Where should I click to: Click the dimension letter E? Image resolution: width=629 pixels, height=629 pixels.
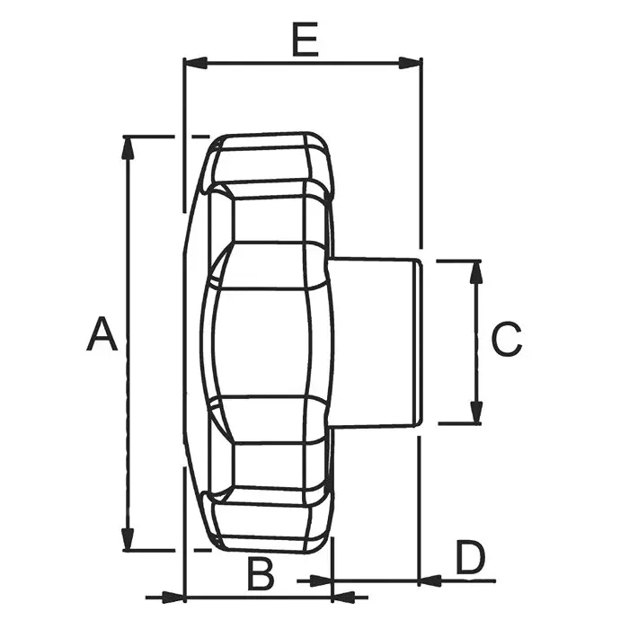click(306, 40)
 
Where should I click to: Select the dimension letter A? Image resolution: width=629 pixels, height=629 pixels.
click(102, 334)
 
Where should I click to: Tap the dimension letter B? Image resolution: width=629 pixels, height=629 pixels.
click(261, 575)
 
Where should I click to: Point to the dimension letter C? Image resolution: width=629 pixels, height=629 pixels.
click(507, 339)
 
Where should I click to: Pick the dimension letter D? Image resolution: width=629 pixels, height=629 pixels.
click(471, 558)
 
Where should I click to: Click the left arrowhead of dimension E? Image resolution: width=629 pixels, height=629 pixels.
click(195, 63)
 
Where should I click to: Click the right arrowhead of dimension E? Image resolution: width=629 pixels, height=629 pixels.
click(410, 63)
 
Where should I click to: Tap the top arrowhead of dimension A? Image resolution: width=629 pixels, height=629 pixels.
click(128, 149)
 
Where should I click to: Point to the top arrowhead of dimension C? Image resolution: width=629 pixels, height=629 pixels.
click(476, 273)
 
